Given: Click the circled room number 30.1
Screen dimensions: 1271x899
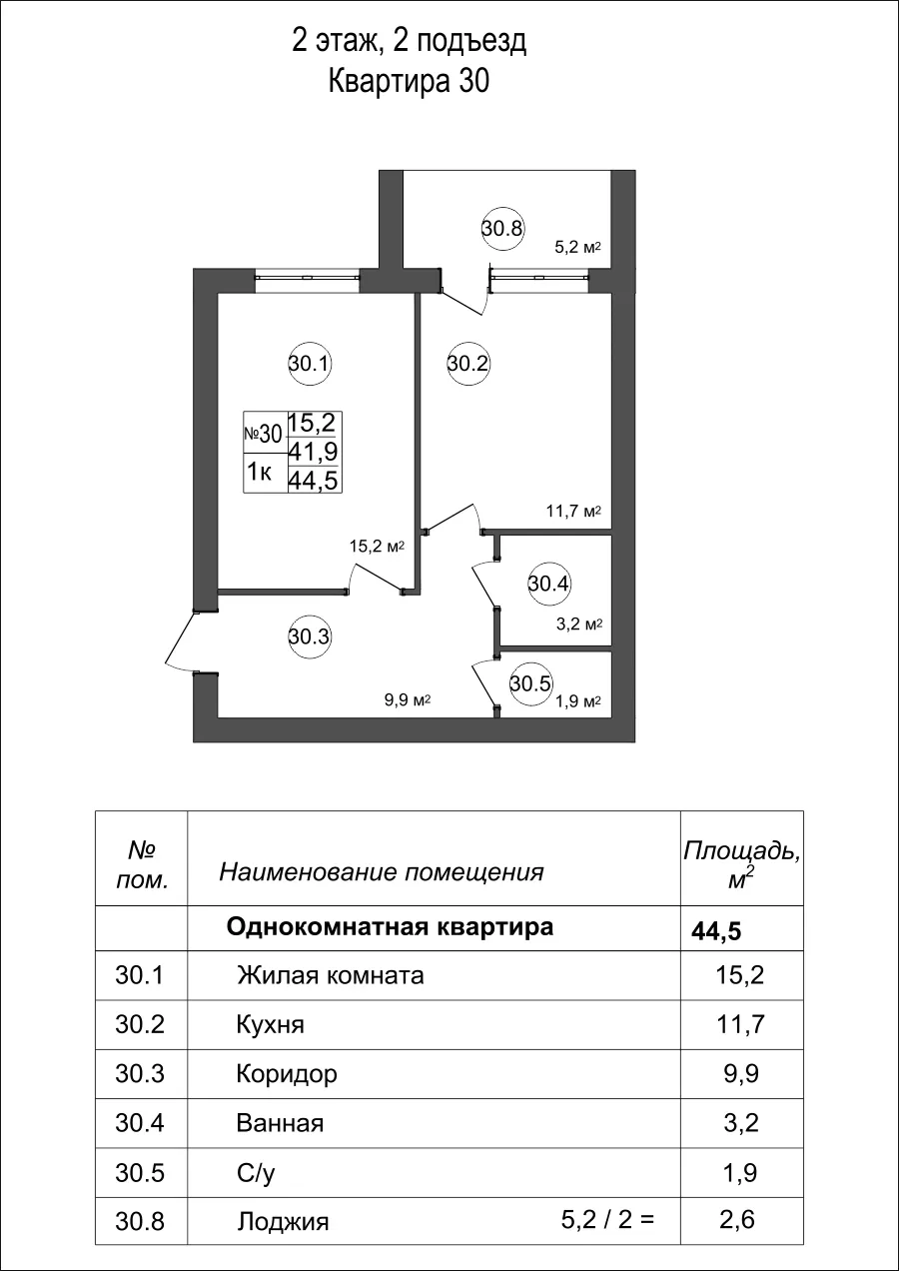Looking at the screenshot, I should point(310,364).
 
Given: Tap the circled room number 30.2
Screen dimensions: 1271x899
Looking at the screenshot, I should point(467,364).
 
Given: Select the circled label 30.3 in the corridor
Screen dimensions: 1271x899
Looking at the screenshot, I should point(310,635).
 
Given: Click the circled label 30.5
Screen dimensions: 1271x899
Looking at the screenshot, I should point(529,683).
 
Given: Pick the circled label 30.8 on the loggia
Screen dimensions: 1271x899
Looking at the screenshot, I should point(502,228).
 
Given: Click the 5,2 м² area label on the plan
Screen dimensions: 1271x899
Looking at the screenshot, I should point(577,248).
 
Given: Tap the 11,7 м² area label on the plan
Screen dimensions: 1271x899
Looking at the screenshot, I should point(572,512).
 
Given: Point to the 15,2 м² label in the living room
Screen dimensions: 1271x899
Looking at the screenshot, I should point(376,547).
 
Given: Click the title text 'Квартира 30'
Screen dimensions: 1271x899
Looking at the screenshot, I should point(409,83).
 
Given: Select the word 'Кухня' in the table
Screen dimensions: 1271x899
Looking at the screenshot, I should point(270,1025).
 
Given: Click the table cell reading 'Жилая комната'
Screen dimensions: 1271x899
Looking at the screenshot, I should point(330,975).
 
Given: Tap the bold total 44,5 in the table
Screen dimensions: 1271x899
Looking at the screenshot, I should point(716,932).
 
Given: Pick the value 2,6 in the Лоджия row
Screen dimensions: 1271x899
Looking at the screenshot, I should point(740,1220).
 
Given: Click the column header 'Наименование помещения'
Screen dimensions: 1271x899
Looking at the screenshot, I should point(381,872).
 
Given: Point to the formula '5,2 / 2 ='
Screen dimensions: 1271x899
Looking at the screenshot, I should point(607,1219).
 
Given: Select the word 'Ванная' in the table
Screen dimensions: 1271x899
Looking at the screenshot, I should point(280,1123).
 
